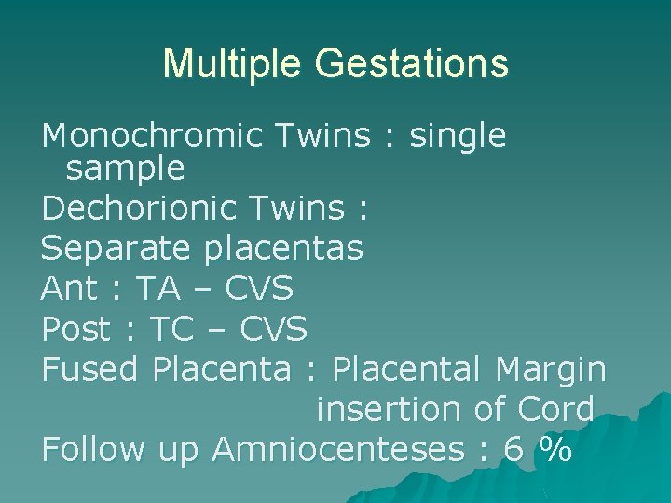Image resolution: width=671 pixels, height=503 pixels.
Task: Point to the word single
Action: click(x=456, y=136)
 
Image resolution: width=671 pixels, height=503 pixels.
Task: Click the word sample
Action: click(x=126, y=169)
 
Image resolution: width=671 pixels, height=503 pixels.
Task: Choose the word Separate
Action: click(x=109, y=249)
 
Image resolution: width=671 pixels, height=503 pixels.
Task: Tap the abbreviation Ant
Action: click(x=69, y=290)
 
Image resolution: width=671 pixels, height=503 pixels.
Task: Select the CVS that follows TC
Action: click(x=274, y=329)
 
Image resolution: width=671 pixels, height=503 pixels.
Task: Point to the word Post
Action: click(x=76, y=329)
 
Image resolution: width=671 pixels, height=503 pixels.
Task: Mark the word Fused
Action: click(x=90, y=369)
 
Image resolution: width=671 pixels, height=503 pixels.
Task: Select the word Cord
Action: click(x=557, y=409)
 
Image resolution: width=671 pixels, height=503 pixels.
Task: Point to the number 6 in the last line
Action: click(x=514, y=449)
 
